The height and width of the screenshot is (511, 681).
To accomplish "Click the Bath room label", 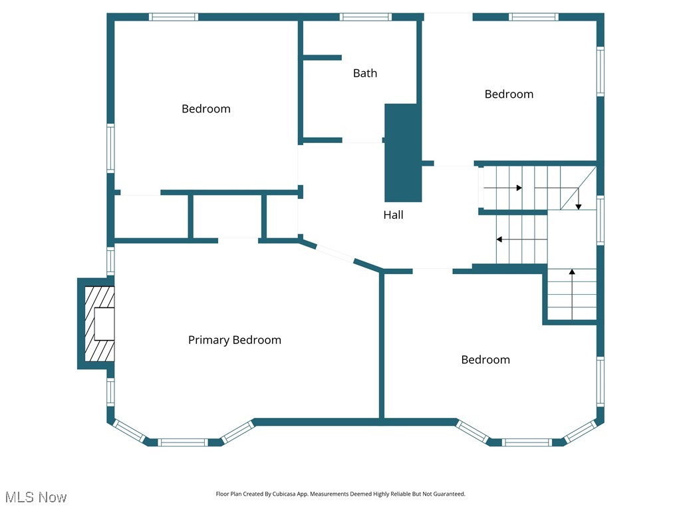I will tap(364, 73).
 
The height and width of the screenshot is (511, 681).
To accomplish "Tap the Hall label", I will tap(393, 215).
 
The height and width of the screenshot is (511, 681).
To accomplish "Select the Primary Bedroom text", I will tap(234, 340).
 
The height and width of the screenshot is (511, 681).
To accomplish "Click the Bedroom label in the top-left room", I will tap(205, 108).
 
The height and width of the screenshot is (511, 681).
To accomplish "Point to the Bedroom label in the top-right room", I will tap(509, 94).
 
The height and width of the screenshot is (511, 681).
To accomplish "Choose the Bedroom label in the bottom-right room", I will tap(485, 359).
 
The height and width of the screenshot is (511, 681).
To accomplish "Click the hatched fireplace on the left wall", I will tap(99, 323).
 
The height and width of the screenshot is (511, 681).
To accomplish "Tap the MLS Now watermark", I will tap(36, 497).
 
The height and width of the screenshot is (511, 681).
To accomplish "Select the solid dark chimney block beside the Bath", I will tap(403, 153).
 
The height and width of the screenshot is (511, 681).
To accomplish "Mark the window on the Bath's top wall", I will tap(365, 17).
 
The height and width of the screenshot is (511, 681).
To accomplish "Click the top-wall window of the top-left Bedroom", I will tap(174, 17).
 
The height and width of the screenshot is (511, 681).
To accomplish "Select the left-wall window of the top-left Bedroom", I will tap(110, 148).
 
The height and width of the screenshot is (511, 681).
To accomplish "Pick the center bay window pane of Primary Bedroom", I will tap(183, 442).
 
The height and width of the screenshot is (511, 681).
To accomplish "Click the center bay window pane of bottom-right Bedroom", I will tap(526, 442).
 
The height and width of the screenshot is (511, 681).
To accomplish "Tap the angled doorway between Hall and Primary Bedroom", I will tap(335, 255).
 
